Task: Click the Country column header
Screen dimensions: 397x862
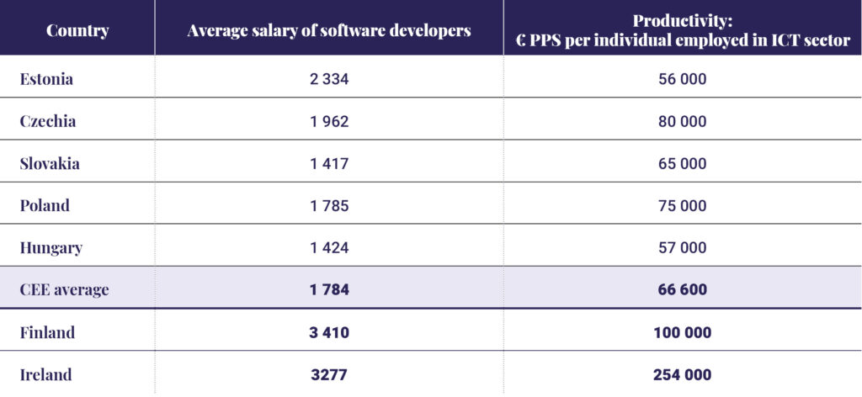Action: tap(77, 31)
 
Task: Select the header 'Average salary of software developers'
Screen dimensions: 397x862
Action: tap(329, 31)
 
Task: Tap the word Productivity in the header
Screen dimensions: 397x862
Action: tap(682, 20)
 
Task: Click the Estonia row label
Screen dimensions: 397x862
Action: tap(46, 79)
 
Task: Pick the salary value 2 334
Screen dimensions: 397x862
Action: tap(329, 80)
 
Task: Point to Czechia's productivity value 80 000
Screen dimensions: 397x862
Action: tap(681, 122)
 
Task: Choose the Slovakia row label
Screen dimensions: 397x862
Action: tap(50, 164)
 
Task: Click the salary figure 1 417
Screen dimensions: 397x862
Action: tap(329, 164)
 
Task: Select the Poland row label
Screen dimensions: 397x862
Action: tap(45, 206)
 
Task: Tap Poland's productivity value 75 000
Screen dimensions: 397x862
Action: tap(681, 206)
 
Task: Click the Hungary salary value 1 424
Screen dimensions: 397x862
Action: tap(329, 248)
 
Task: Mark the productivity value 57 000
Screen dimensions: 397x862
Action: tap(681, 248)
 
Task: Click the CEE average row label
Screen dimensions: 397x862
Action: tap(65, 290)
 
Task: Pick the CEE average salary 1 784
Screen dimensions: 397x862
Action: tap(329, 290)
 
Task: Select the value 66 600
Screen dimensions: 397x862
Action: tap(681, 290)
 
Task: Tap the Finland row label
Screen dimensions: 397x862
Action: tap(47, 332)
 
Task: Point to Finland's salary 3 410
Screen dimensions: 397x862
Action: tap(329, 332)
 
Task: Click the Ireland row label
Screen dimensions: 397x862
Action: tap(45, 374)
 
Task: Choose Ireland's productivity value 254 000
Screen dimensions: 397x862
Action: tap(681, 374)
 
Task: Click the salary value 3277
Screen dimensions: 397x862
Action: tap(329, 374)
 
